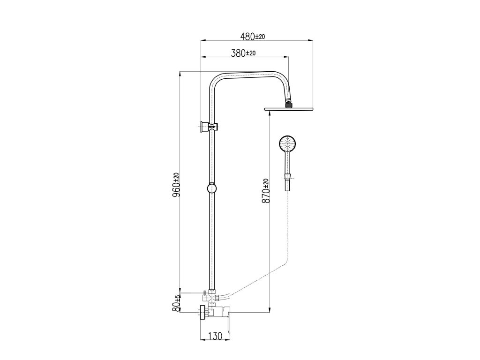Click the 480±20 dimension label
point(253,37)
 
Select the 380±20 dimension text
point(243,53)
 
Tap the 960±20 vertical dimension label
point(176,185)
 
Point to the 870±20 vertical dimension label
point(266,191)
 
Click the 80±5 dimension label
point(176,303)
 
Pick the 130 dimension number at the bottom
point(215,336)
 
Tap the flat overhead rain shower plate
point(289,109)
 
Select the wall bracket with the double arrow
point(209,127)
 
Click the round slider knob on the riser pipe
point(211,188)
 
